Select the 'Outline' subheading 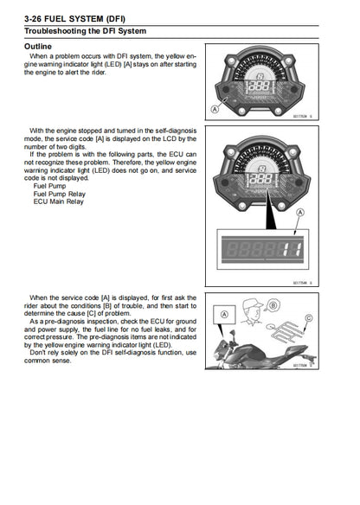click(x=37, y=45)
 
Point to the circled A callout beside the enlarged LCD click(x=299, y=212)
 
